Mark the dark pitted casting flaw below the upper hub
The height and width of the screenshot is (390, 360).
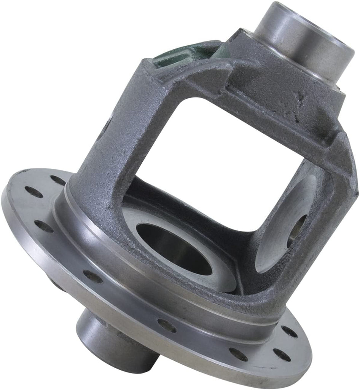click(301, 101)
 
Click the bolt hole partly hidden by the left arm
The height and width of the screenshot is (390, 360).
click(58, 180)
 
